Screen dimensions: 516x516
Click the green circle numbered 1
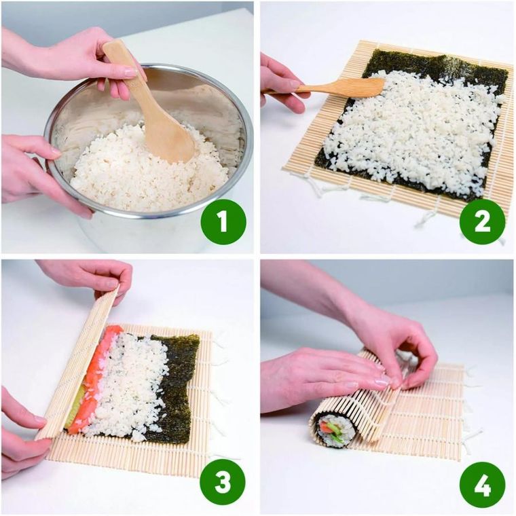click(x=222, y=221)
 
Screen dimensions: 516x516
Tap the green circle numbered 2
click(x=481, y=221)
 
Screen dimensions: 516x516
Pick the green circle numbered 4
click(x=481, y=483)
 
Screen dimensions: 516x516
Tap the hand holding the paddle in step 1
click(x=75, y=54)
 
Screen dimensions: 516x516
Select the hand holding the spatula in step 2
click(x=280, y=81)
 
